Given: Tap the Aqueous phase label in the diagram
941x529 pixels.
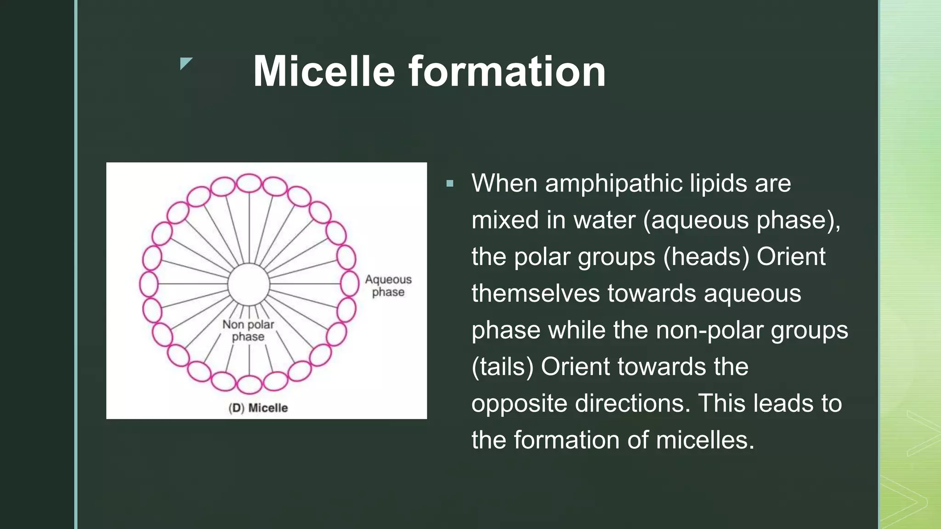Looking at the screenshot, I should coord(388,286).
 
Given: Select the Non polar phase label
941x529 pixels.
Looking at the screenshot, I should coord(248,331).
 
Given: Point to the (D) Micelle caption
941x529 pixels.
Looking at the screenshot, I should coord(258,408).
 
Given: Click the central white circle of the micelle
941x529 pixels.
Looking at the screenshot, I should coord(249,285).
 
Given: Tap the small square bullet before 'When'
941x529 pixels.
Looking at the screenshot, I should coord(450,184).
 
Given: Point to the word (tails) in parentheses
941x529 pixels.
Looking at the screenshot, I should coord(503,367).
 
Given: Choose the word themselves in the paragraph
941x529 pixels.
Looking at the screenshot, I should coord(536,293).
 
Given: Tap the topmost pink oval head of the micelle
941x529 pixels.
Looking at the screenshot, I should coord(249,183).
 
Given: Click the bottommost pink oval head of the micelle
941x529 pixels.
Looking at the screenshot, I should coord(249,384).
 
